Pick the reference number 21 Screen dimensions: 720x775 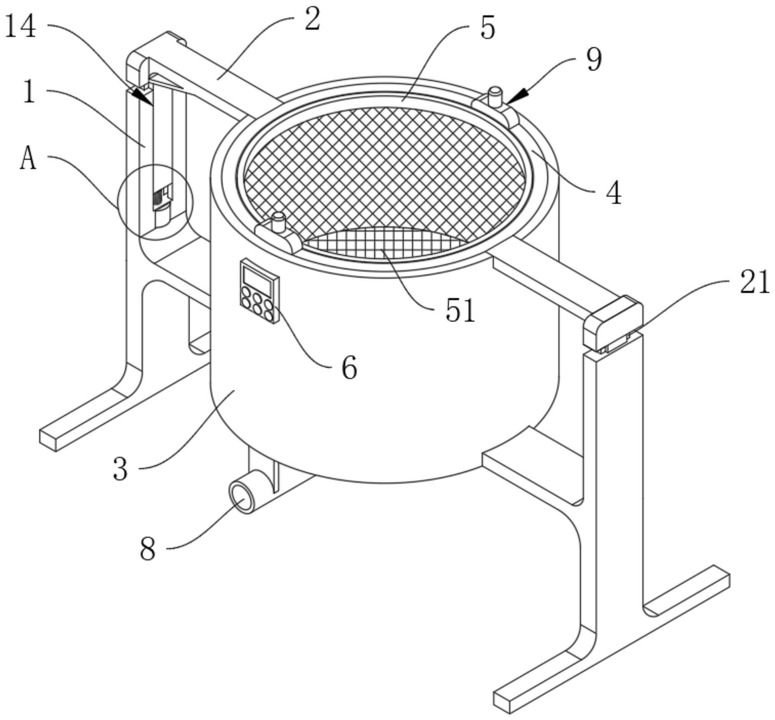click(754, 283)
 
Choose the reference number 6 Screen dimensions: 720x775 click(349, 367)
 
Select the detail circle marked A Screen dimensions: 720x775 click(155, 202)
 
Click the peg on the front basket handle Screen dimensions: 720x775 click(279, 221)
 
